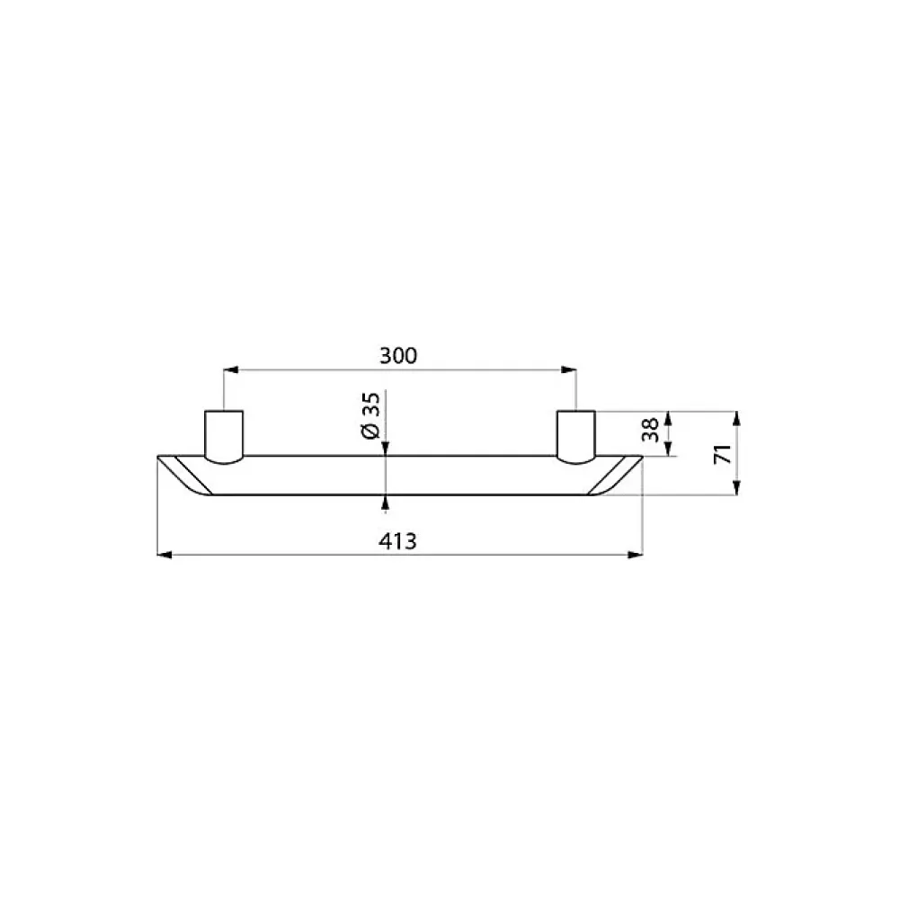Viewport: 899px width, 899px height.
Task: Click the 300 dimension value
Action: pyautogui.click(x=398, y=355)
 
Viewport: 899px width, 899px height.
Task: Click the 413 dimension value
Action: pyautogui.click(x=398, y=540)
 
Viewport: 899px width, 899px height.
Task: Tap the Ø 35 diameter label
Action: pyautogui.click(x=371, y=415)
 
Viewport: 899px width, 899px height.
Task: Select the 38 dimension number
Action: pyautogui.click(x=651, y=430)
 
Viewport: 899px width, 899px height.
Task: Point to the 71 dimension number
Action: pyautogui.click(x=723, y=453)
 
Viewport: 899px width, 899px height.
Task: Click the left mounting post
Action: pyautogui.click(x=224, y=436)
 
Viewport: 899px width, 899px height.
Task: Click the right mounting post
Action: pyautogui.click(x=576, y=436)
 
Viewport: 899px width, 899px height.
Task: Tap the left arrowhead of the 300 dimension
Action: pyautogui.click(x=230, y=369)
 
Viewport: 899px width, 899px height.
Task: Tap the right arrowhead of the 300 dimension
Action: pyautogui.click(x=569, y=369)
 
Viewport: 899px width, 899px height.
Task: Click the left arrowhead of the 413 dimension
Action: pyautogui.click(x=165, y=555)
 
